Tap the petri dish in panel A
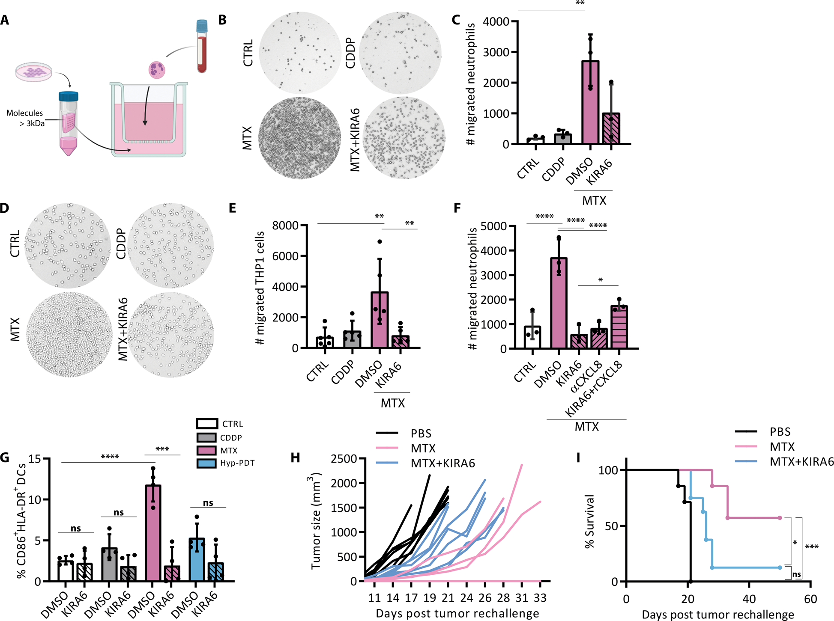point(34,71)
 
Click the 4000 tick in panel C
point(496,21)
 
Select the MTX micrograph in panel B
point(299,138)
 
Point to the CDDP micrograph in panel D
point(170,246)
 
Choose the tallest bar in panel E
point(380,320)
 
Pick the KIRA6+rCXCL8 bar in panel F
point(619,327)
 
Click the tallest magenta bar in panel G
point(153,533)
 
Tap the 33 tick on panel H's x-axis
point(540,598)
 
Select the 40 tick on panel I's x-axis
point(749,599)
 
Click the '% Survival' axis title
point(590,521)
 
